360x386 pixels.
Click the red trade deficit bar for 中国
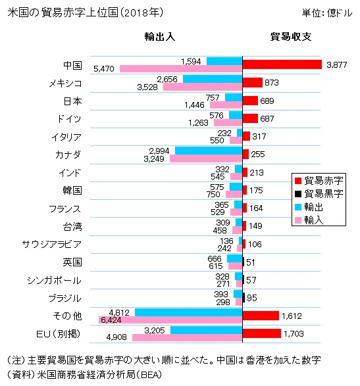(282, 64)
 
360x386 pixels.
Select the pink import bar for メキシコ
(203, 87)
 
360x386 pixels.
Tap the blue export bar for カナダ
(209, 151)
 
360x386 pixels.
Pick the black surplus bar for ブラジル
(244, 298)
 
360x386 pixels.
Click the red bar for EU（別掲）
(262, 333)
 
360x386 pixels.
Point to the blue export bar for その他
(188, 312)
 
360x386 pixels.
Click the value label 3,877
(337, 64)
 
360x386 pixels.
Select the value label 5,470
(104, 68)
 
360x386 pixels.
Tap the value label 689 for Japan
(267, 101)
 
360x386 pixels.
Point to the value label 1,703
(294, 334)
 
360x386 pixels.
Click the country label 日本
(72, 101)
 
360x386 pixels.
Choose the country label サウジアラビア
(52, 244)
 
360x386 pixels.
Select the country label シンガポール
(54, 280)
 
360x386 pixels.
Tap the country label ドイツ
(69, 119)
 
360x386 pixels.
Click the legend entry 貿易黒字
(319, 194)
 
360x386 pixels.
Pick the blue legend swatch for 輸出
(298, 207)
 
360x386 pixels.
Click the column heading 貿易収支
(291, 37)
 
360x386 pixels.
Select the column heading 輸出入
(160, 37)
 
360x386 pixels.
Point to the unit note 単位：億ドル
(327, 12)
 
